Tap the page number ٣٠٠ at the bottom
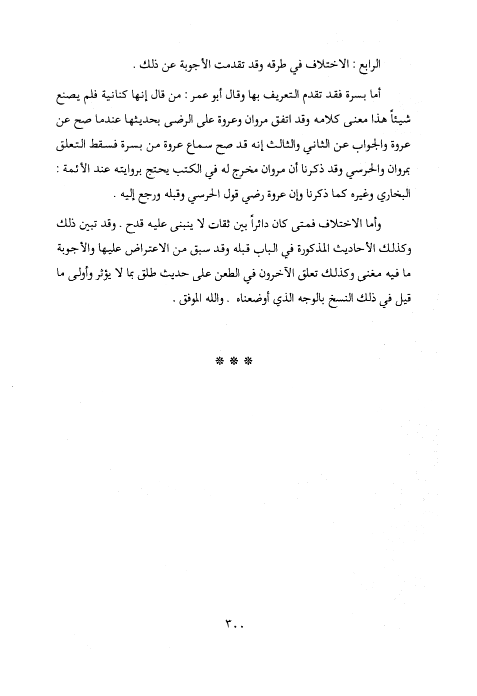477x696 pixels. (x=233, y=624)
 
